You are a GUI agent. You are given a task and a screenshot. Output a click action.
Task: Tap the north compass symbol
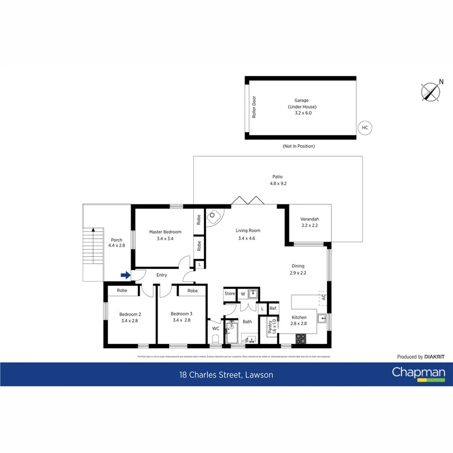pyautogui.click(x=431, y=91)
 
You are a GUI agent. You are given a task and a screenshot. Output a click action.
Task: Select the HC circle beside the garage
pyautogui.click(x=365, y=128)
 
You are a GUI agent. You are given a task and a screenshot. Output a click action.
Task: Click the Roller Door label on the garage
pyautogui.click(x=254, y=107)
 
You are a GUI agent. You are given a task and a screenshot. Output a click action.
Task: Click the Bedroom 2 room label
pyautogui.click(x=129, y=317)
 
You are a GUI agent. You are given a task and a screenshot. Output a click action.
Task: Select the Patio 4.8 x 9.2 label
pyautogui.click(x=277, y=180)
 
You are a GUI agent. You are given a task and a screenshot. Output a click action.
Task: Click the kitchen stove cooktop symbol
pyautogui.click(x=300, y=339)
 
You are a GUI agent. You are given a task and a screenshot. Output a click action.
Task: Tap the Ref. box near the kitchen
pyautogui.click(x=273, y=309)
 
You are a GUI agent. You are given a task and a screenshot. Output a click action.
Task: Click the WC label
pyautogui.click(x=215, y=328)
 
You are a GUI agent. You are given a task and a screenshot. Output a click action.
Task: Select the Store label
pyautogui.click(x=230, y=293)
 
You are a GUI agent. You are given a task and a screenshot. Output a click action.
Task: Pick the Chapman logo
pyautogui.click(x=418, y=373)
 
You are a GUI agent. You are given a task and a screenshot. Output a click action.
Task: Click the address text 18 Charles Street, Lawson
pyautogui.click(x=226, y=374)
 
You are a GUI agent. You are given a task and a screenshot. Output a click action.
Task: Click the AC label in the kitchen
pyautogui.click(x=324, y=297)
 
